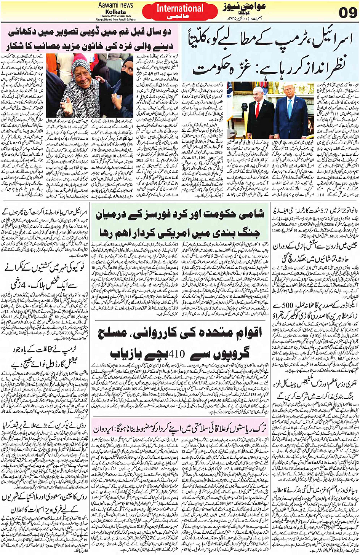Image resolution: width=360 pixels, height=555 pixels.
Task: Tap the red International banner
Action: click(x=180, y=11)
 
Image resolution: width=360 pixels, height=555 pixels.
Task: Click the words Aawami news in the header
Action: click(x=116, y=5)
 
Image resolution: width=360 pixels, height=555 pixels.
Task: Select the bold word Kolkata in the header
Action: click(x=116, y=12)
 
